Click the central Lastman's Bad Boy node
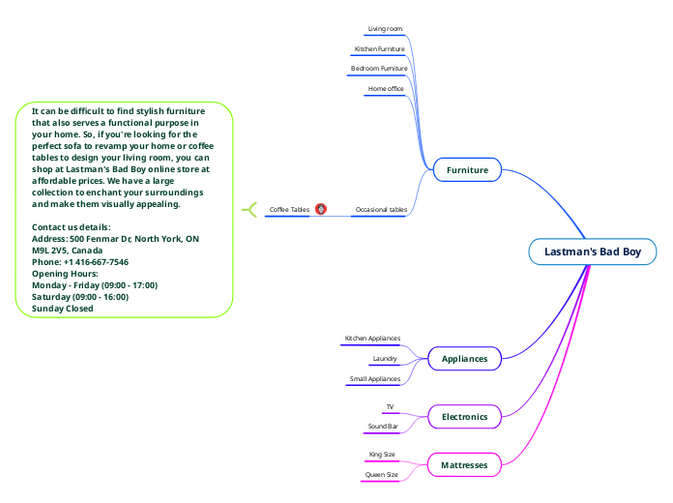[x=593, y=251]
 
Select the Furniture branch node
[x=467, y=170]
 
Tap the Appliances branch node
[x=464, y=359]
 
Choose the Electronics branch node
[x=464, y=417]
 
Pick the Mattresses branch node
[x=464, y=466]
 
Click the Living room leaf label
[x=385, y=29]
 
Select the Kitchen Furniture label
[x=379, y=48]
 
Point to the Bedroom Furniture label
[x=378, y=69]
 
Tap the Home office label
[x=386, y=89]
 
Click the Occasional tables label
[x=381, y=209]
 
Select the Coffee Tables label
[x=289, y=209]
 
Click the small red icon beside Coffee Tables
[x=321, y=209]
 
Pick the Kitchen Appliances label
[x=372, y=339]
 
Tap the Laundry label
[x=385, y=359]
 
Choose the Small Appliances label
[x=374, y=379]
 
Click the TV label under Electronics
[x=390, y=406]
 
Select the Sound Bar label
[x=382, y=427]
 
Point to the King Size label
[x=382, y=454]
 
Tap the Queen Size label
[x=381, y=475]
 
